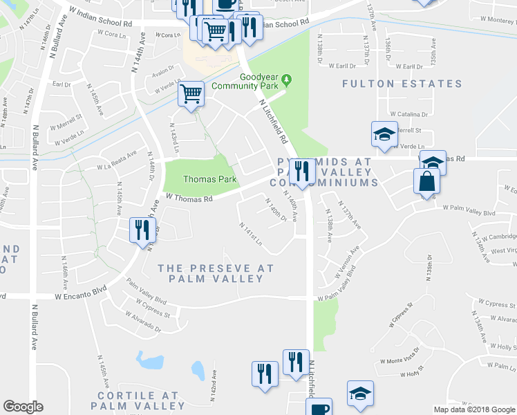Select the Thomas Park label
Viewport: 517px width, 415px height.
[x=209, y=179]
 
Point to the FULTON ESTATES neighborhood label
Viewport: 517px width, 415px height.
[x=402, y=84]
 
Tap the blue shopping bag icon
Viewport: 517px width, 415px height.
[x=427, y=183]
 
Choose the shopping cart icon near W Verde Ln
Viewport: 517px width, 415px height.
[x=191, y=94]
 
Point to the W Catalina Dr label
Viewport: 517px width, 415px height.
[x=408, y=113]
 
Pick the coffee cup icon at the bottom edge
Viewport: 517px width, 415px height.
[x=319, y=408]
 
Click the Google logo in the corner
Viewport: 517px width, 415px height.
[x=23, y=407]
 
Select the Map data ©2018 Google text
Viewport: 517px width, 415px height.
[x=474, y=409]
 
